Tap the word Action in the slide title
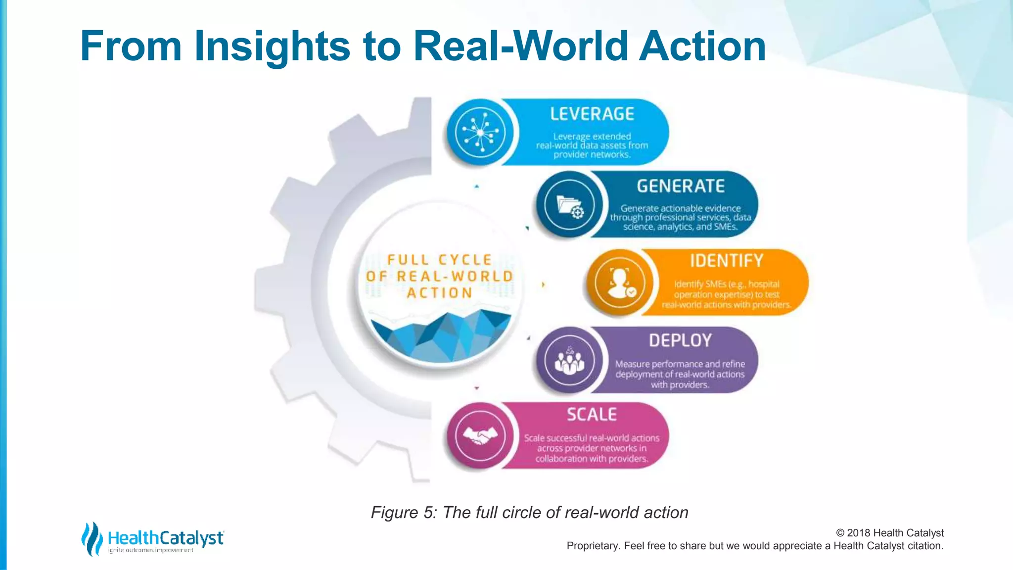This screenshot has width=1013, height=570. tap(702, 46)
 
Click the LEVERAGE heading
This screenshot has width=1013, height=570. tap(592, 114)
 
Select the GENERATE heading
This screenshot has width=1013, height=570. tap(681, 186)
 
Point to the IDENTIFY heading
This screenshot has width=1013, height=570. tap(727, 261)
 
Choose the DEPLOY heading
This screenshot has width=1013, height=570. tap(680, 340)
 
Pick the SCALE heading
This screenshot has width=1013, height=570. tap(592, 415)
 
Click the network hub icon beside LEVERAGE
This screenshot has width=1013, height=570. tap(480, 132)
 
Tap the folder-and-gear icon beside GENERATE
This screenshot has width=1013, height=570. tap(570, 204)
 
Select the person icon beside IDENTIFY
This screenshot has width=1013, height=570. tap(620, 283)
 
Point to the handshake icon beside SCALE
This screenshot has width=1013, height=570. tap(480, 436)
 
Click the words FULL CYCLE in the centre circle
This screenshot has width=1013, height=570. tap(439, 260)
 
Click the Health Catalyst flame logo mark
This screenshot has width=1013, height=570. tap(92, 538)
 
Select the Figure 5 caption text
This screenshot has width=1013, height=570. tap(529, 513)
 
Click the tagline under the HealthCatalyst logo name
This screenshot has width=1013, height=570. tap(151, 551)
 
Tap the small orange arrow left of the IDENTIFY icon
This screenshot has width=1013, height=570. tap(543, 285)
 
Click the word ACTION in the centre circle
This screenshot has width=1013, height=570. tap(439, 293)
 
